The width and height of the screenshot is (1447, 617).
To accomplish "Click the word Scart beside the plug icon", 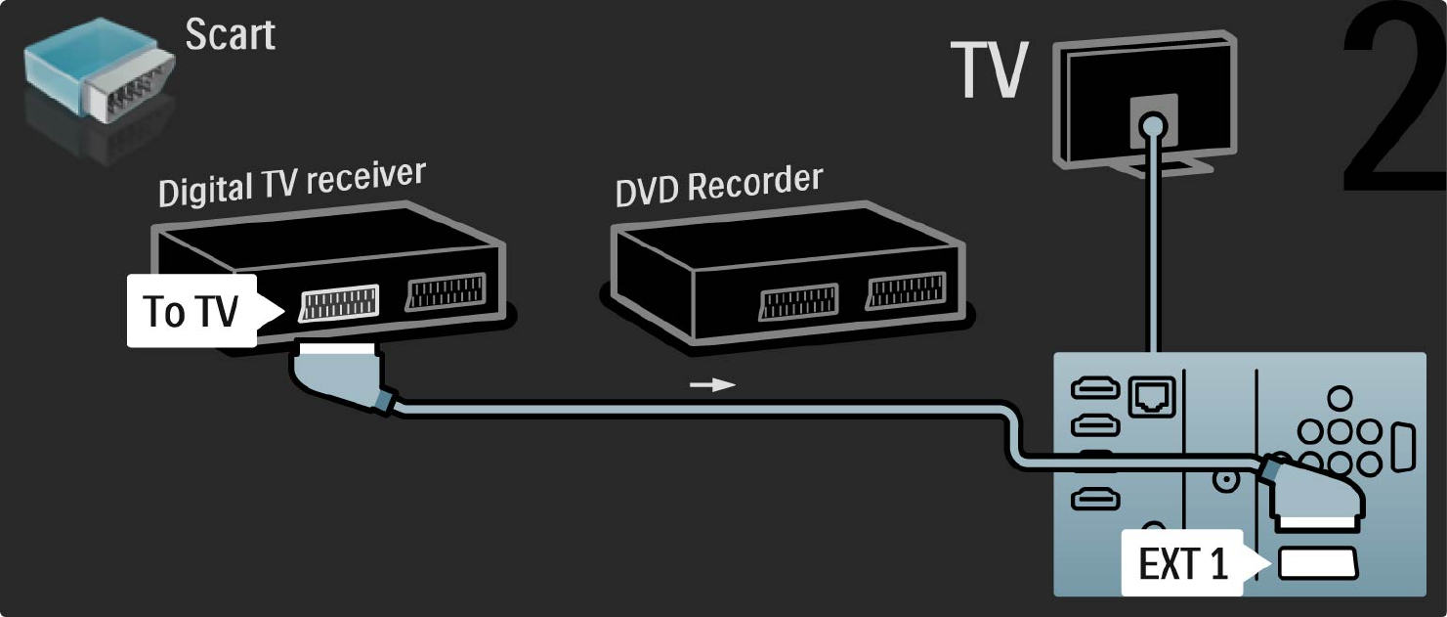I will point(231,35).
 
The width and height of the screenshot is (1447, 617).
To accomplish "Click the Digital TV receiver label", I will point(292,184).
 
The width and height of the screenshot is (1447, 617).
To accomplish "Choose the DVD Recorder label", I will point(718,184).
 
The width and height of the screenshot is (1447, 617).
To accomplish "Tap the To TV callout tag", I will point(192,311).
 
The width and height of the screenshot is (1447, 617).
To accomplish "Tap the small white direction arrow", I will point(712,385).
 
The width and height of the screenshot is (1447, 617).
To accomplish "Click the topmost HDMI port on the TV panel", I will point(1090,389).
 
